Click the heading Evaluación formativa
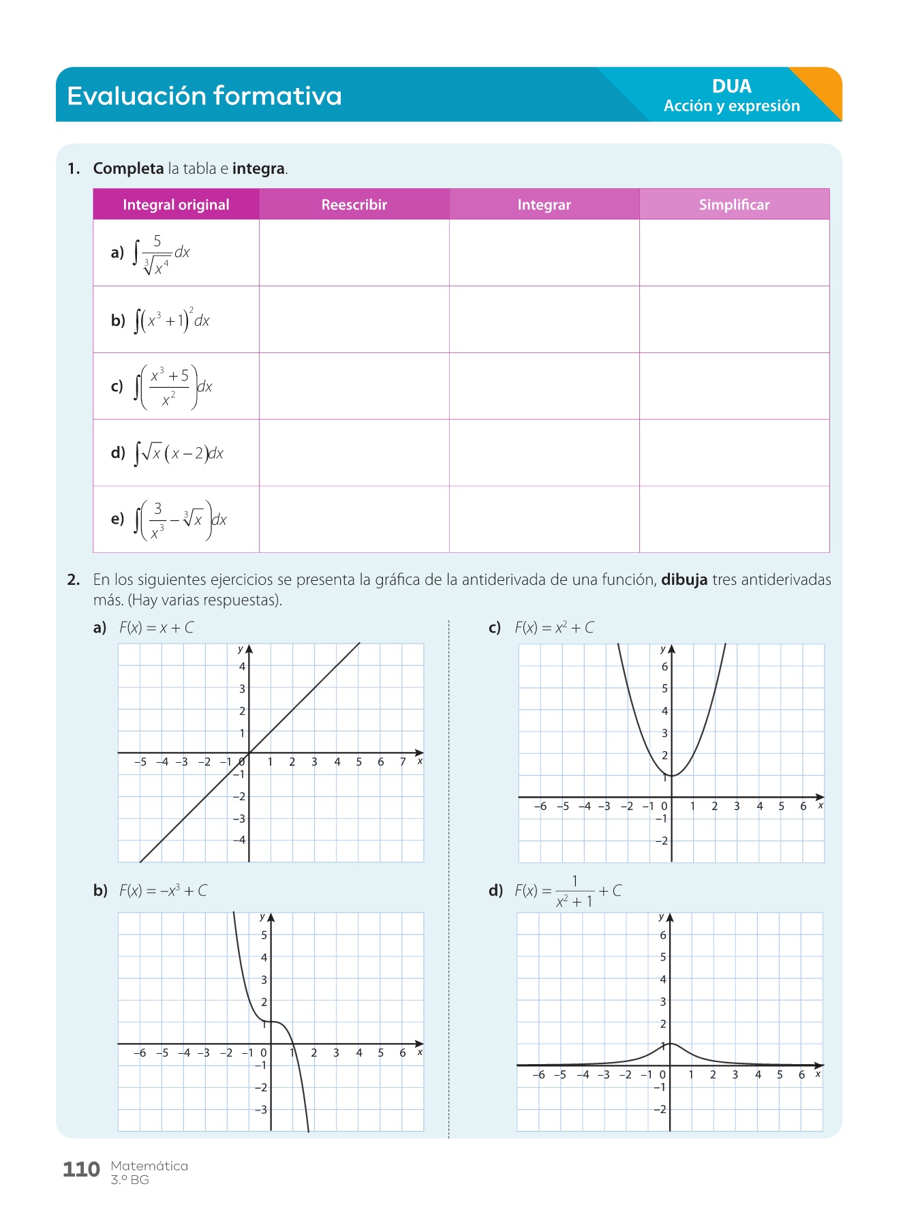coord(204,96)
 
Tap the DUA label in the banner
coord(731,87)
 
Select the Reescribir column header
coord(354,204)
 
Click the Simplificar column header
coord(734,204)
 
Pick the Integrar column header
coord(544,204)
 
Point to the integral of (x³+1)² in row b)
coord(172,320)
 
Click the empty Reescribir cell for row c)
coord(354,386)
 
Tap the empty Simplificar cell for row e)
coord(734,519)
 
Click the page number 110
coord(81,1170)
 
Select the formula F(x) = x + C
coord(156,628)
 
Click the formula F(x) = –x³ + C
coord(163,891)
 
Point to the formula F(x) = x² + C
coord(554,628)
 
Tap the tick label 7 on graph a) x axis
coord(403,762)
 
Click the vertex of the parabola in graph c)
coord(671,776)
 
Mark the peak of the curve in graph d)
coord(671,1044)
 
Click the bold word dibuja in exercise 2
coord(684,580)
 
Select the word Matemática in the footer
coord(149,1166)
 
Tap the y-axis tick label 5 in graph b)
coord(264,935)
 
